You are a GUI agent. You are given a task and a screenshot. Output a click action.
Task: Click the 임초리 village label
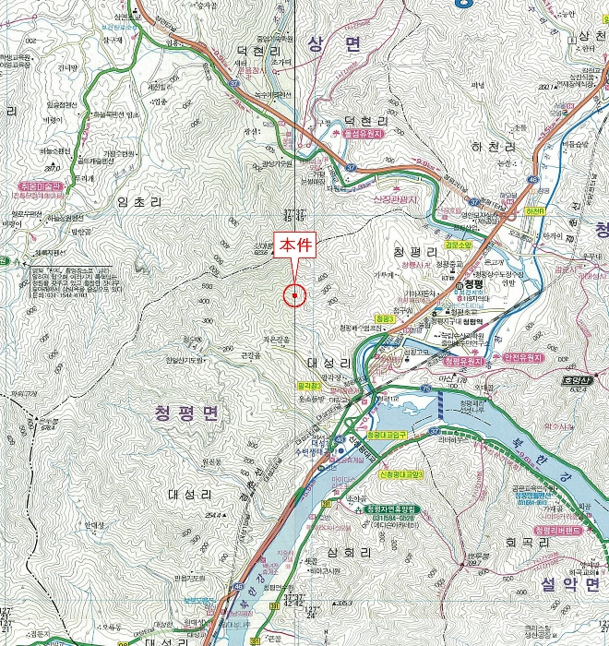click(x=139, y=200)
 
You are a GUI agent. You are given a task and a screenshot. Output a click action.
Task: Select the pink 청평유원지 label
click(x=460, y=362)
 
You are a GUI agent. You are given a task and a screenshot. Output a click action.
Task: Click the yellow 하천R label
click(x=534, y=210)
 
